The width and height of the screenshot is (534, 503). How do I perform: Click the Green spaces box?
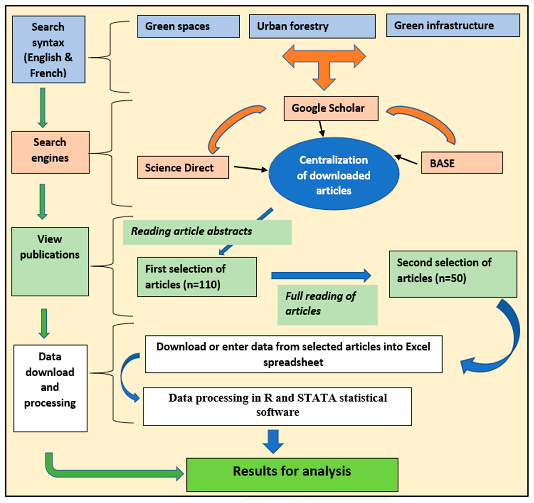(188, 26)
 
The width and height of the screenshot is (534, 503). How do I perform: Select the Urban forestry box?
(312, 26)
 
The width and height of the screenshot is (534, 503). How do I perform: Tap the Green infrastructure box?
(453, 26)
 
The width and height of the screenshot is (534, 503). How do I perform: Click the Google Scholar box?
(331, 108)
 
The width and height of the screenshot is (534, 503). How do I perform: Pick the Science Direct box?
(183, 167)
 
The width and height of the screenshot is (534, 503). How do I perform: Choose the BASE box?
(462, 163)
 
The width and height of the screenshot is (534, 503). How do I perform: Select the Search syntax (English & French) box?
(49, 49)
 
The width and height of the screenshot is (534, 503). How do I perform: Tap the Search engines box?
(50, 152)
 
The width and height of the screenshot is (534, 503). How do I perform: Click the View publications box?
(50, 261)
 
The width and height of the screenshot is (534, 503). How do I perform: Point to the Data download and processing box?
(50, 388)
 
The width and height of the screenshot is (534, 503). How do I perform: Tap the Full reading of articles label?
(327, 305)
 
